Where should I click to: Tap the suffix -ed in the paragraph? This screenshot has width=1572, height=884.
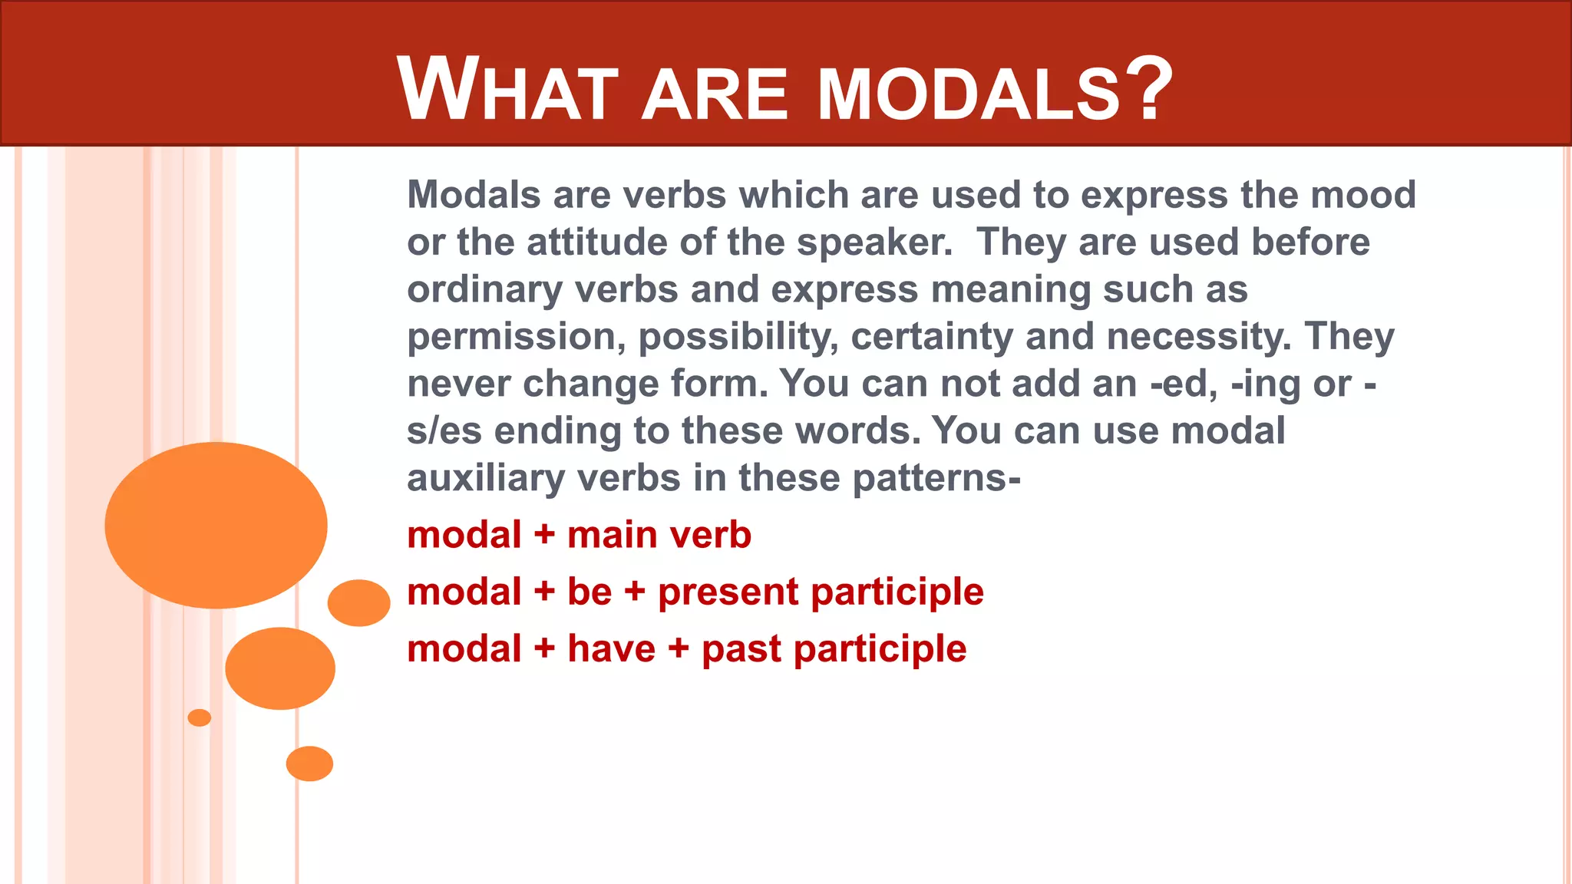[x=1182, y=384]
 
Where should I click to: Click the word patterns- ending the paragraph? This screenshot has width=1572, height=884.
[x=936, y=479]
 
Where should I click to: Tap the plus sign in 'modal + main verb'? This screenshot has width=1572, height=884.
[x=544, y=536]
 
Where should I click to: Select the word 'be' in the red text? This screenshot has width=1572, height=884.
[x=589, y=592]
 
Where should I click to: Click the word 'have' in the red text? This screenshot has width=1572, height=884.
[x=612, y=649]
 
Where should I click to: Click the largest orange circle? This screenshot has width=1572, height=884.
[x=216, y=526]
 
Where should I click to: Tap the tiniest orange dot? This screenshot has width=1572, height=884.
[x=199, y=717]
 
